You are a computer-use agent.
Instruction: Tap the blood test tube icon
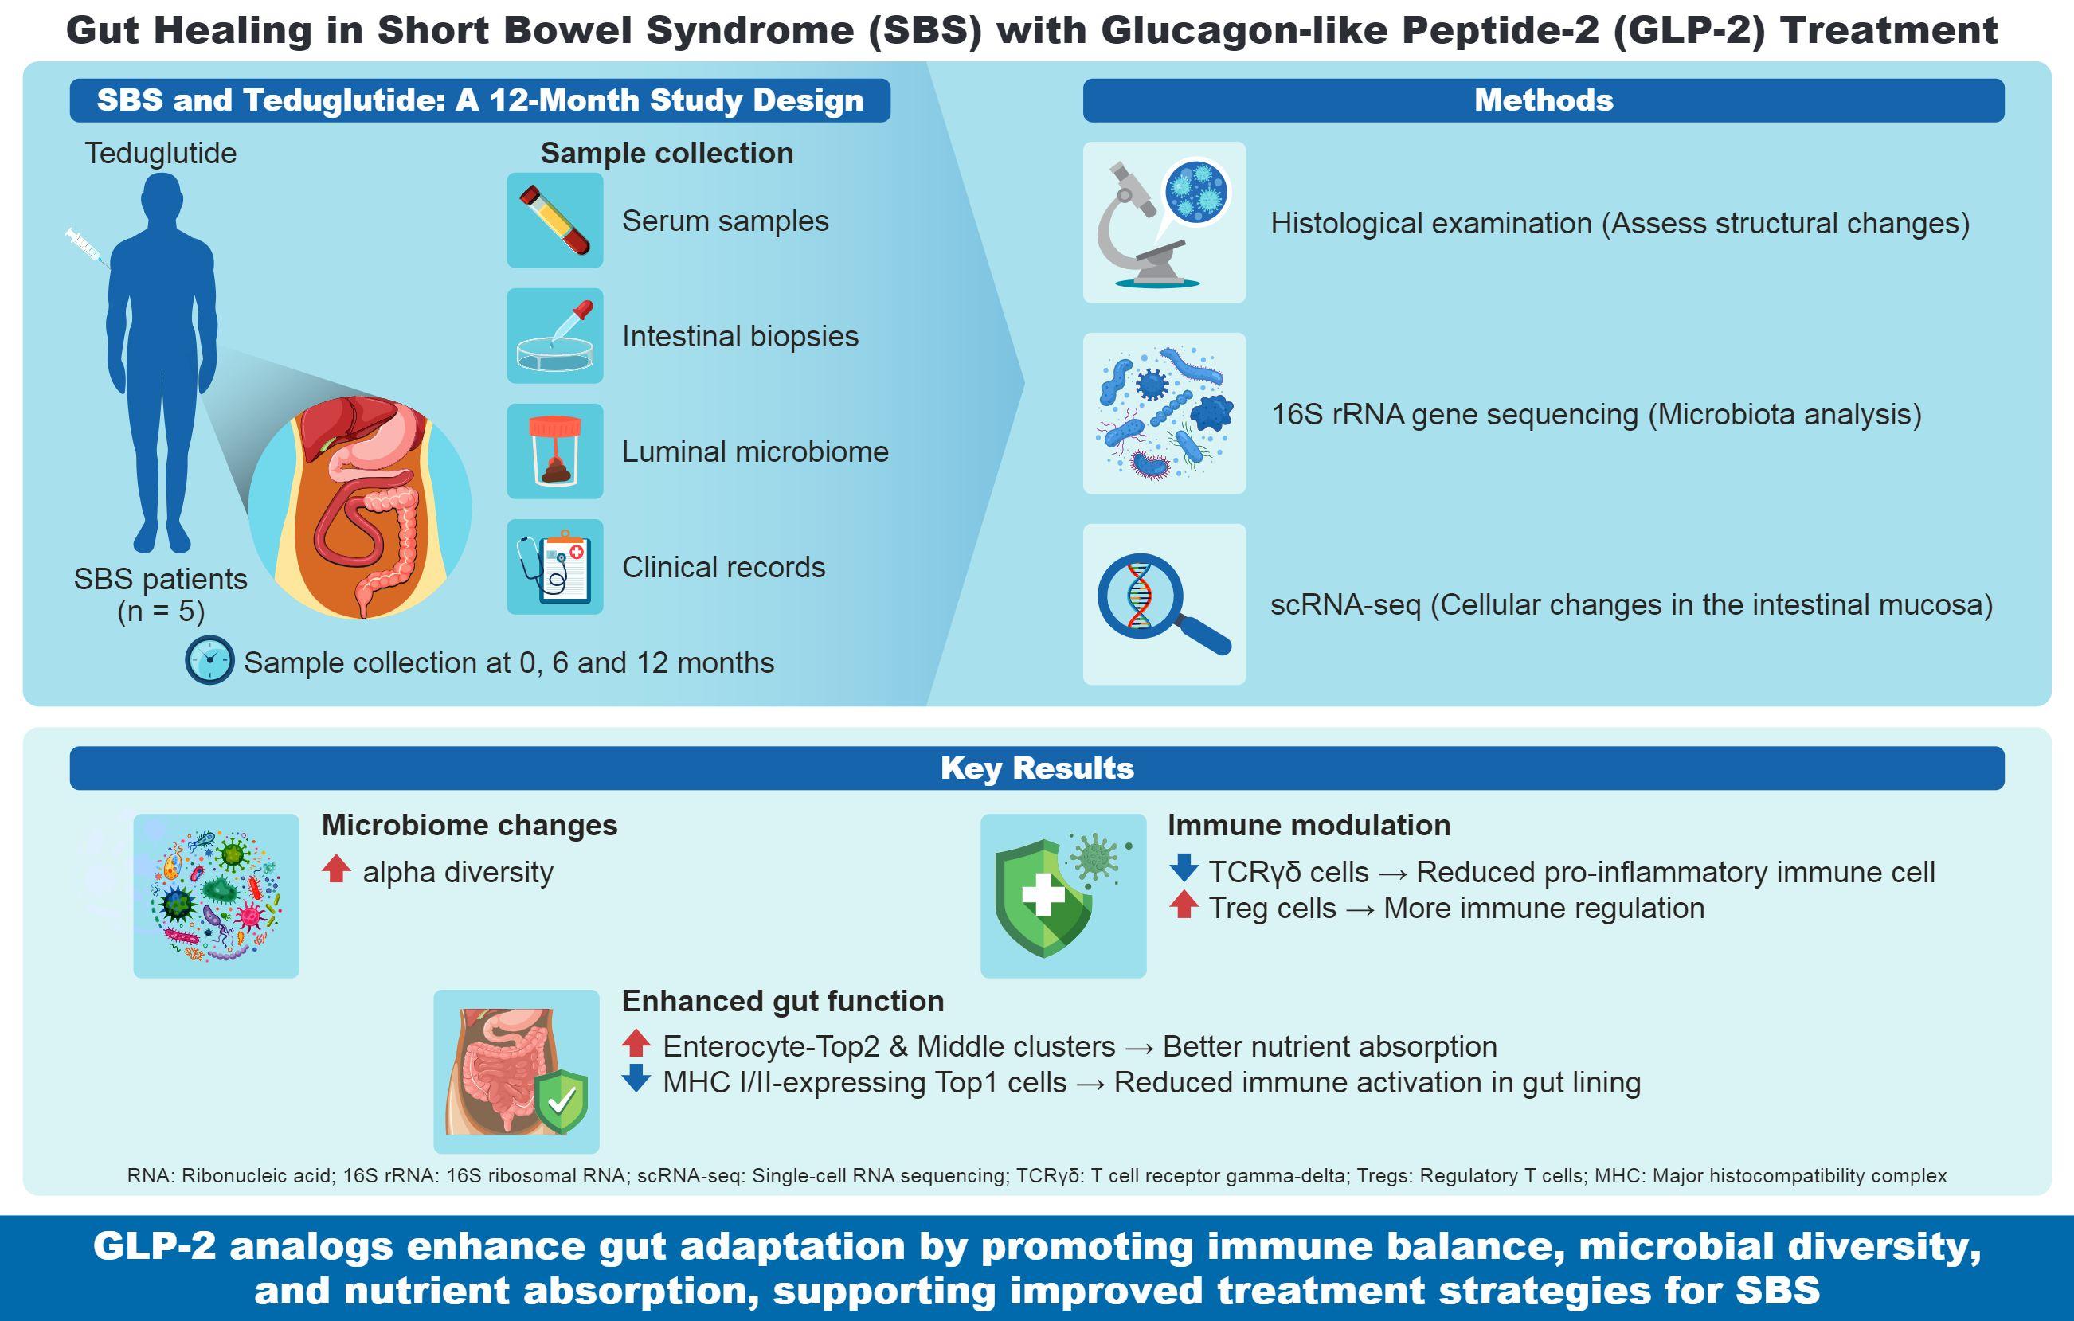click(554, 221)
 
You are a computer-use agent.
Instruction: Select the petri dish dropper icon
click(554, 336)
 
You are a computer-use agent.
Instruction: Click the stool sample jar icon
click(554, 451)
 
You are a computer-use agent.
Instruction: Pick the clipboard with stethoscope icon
click(554, 567)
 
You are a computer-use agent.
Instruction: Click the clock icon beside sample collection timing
click(209, 661)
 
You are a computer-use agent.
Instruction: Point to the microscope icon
click(1164, 222)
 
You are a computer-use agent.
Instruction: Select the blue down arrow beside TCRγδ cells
click(1184, 867)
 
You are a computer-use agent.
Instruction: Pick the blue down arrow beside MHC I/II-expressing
click(636, 1078)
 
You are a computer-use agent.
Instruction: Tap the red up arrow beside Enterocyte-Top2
click(636, 1043)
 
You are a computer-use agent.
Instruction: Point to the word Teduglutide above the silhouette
click(160, 154)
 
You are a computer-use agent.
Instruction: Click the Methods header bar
click(1544, 100)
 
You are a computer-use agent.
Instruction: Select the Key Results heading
click(1037, 768)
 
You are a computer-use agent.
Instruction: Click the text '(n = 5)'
click(161, 612)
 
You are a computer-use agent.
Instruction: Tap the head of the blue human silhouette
click(161, 197)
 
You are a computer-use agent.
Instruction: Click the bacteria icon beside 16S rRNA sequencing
click(1164, 413)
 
